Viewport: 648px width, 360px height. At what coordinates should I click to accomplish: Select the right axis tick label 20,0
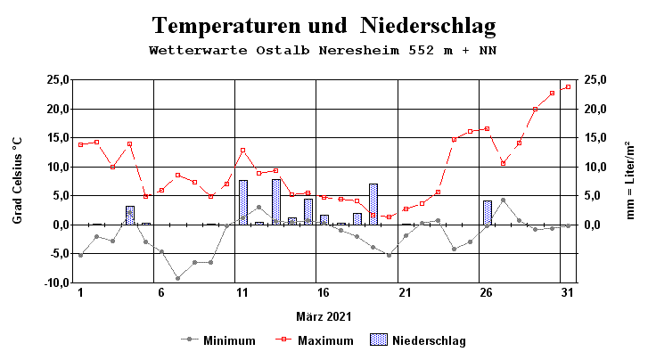coord(595,109)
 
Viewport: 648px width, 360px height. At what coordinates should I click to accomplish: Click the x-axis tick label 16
coord(323,293)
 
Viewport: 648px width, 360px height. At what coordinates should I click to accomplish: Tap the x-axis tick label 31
coord(567,293)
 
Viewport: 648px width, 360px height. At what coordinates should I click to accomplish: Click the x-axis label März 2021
coord(324,316)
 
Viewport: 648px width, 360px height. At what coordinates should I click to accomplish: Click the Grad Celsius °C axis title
coord(18,180)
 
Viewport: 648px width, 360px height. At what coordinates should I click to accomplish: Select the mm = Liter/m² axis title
coord(630,180)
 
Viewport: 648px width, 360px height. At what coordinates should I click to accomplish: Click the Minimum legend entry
coord(228,340)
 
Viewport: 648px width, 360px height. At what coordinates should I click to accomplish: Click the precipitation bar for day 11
coord(243,202)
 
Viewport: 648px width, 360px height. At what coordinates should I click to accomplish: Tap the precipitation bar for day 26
coord(488,212)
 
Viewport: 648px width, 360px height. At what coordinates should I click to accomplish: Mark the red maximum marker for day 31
coord(568,86)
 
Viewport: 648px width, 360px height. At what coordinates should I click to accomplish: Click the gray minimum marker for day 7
coord(177,278)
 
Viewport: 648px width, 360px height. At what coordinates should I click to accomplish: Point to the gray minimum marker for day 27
coord(503,200)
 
